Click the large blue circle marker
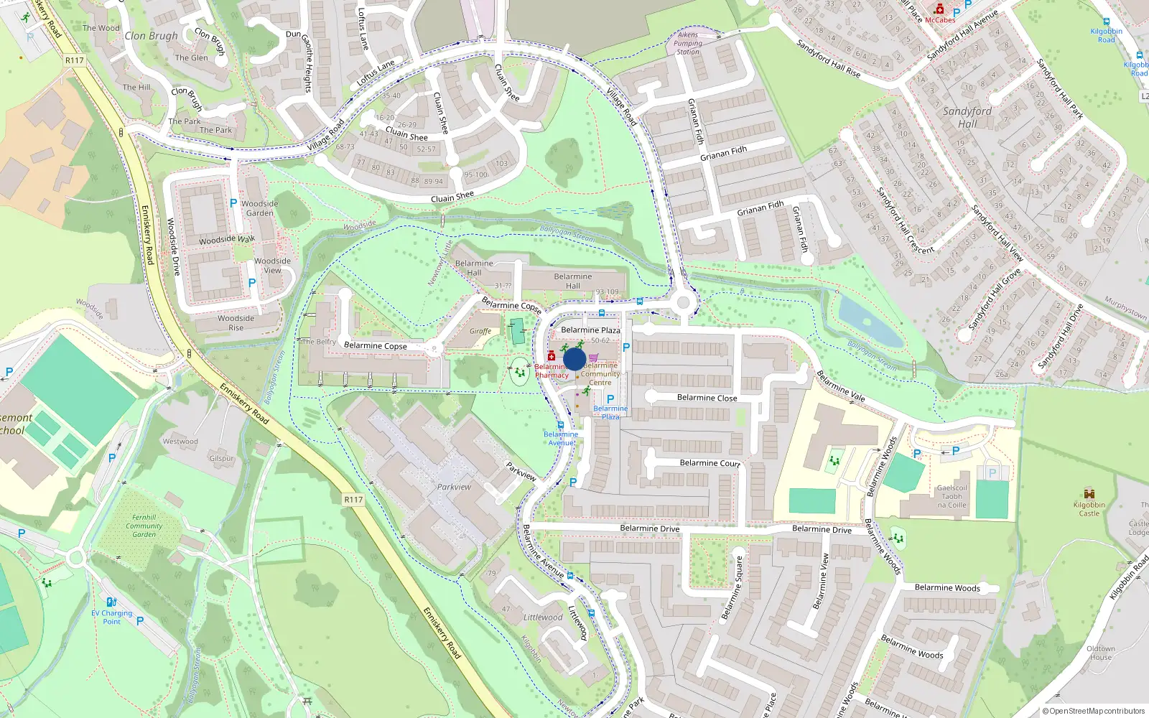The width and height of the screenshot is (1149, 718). point(574,360)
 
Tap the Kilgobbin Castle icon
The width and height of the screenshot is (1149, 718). point(1089,493)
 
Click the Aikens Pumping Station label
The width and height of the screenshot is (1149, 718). point(687,43)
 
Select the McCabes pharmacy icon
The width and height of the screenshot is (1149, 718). point(939,9)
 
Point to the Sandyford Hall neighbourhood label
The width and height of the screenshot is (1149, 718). point(967,117)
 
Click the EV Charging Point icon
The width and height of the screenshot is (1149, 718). point(111,602)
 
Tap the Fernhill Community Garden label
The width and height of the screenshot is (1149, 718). point(144,526)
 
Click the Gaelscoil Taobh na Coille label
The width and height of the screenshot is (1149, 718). point(952,496)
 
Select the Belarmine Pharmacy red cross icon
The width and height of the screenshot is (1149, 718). point(552,356)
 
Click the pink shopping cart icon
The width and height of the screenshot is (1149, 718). point(594,357)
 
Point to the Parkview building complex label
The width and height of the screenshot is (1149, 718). point(454,487)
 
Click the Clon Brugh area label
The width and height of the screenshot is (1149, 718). point(151,35)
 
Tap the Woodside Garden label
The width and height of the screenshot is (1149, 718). point(260,208)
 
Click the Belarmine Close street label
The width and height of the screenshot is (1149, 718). point(707,397)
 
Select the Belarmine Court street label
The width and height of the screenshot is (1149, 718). point(710,463)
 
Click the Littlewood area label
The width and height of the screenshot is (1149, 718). point(543,617)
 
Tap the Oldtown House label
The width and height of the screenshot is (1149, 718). point(1101,653)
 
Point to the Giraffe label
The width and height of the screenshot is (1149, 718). point(480,331)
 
